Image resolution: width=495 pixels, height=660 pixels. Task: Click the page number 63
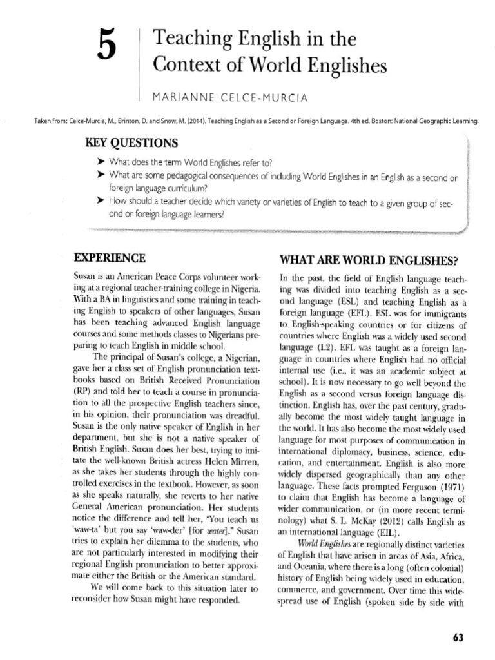coord(458,637)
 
